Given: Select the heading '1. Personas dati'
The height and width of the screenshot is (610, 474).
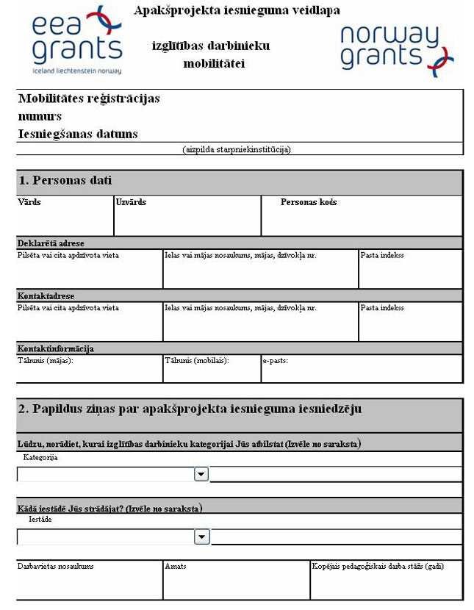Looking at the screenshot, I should (65, 181).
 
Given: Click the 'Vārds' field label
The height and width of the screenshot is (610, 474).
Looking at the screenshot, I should (29, 202).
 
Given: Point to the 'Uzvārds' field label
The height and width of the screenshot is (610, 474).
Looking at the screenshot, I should (131, 202).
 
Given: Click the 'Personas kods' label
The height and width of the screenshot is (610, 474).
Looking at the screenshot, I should (309, 202).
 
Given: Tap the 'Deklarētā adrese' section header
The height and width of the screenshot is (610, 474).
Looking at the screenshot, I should (51, 243).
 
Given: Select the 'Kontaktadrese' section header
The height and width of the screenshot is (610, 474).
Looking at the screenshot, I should (45, 295).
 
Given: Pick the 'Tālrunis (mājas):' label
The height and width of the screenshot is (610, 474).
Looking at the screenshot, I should (46, 361).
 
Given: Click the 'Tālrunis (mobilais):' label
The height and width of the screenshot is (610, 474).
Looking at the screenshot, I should (197, 361).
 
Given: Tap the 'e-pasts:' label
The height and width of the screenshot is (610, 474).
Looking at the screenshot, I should (275, 361).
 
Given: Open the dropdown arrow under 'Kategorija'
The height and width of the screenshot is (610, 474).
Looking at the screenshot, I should (201, 475).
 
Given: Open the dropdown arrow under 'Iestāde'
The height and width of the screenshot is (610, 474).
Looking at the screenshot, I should (201, 537).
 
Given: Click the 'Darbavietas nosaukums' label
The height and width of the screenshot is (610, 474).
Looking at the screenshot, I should (56, 567).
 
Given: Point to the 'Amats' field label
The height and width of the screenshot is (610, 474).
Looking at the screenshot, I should (176, 567).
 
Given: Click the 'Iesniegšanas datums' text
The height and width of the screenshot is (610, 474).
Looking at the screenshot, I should (78, 134).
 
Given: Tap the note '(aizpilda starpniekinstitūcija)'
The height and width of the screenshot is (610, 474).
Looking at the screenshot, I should (237, 149).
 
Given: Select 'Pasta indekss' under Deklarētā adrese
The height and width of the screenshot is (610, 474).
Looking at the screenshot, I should (381, 256).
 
